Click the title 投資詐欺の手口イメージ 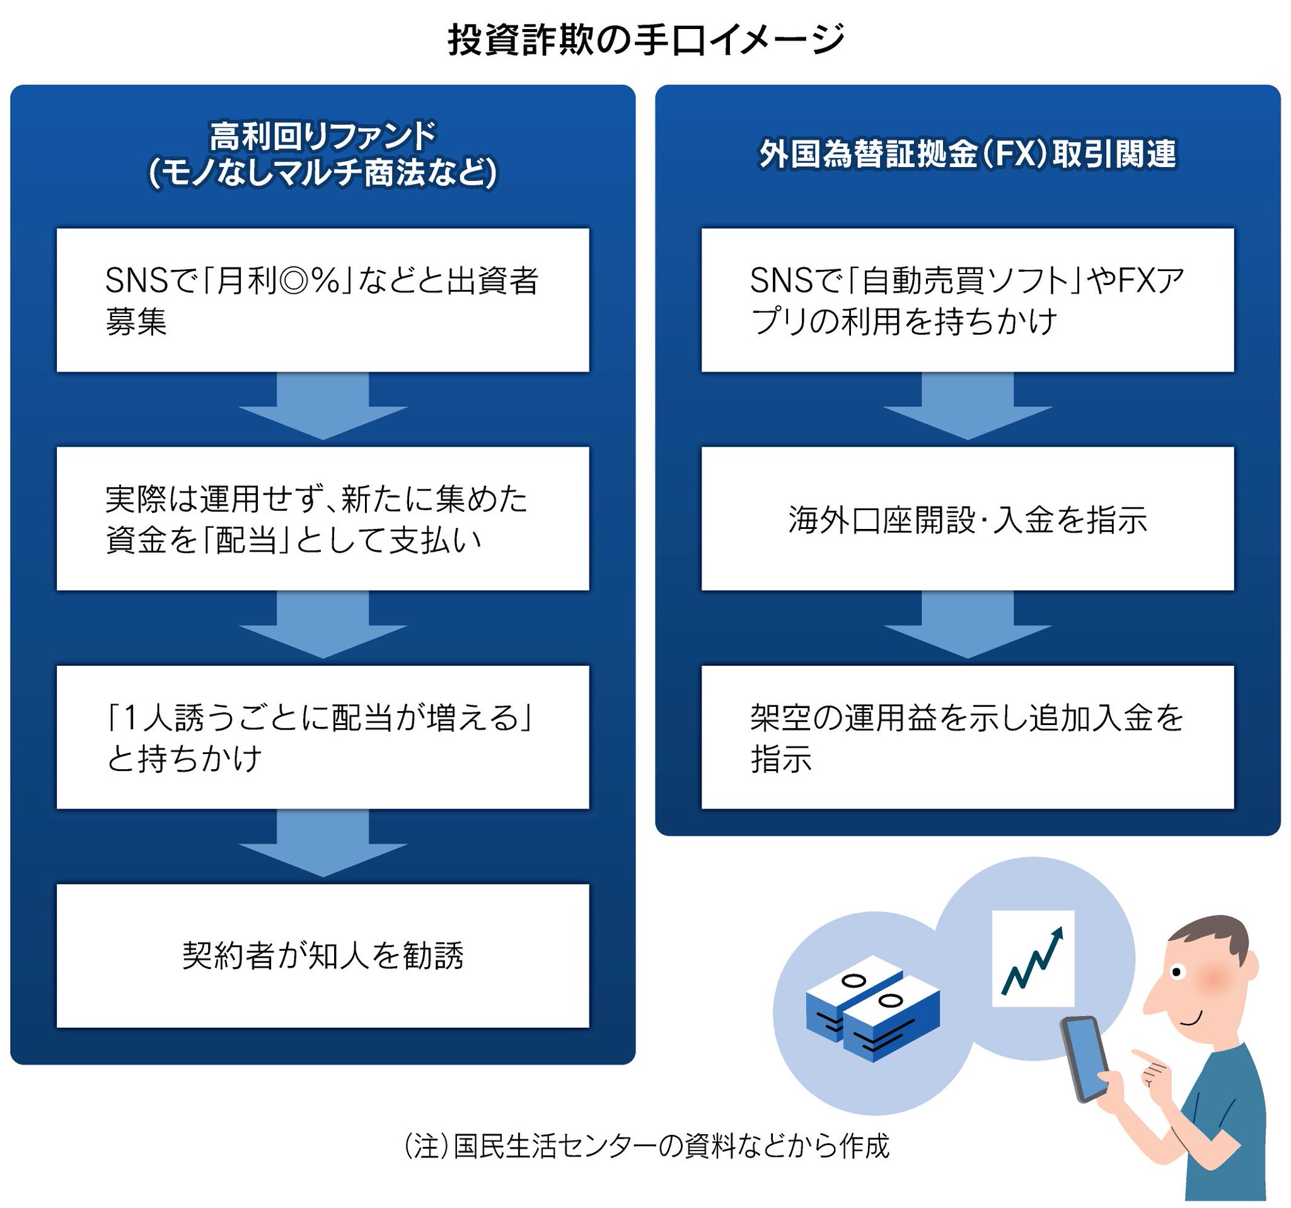pos(645,40)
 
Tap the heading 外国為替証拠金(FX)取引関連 pos(967,154)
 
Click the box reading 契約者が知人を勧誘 pos(323,955)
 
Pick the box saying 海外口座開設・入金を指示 pos(967,518)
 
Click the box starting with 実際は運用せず pos(323,518)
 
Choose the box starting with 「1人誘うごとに pos(323,736)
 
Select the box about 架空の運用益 pos(967,736)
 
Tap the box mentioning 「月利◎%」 pos(323,299)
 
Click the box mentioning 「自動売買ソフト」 pos(967,299)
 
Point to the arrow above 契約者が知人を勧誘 pos(323,844)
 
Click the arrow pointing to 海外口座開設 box pos(967,407)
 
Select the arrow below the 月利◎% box pos(323,407)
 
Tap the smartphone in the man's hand pos(1085,1059)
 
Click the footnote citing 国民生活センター pos(645,1147)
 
